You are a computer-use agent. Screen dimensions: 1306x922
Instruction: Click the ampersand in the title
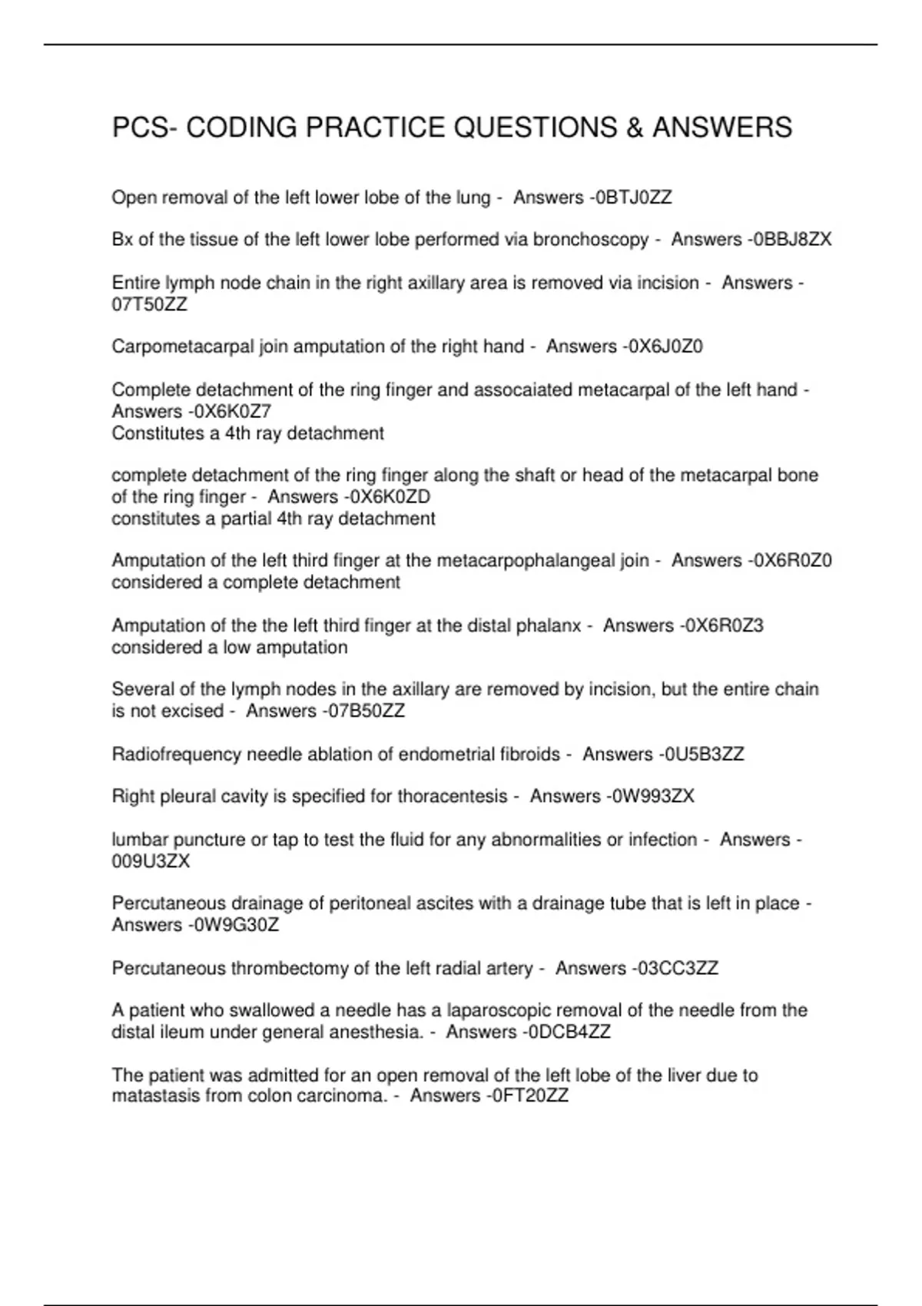coord(635,128)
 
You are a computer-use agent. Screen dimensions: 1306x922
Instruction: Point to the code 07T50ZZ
coord(149,305)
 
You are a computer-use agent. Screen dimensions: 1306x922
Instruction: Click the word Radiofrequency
coord(176,754)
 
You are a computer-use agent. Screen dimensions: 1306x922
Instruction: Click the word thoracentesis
coord(452,797)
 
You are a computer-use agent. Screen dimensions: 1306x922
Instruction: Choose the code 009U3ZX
coord(151,861)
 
